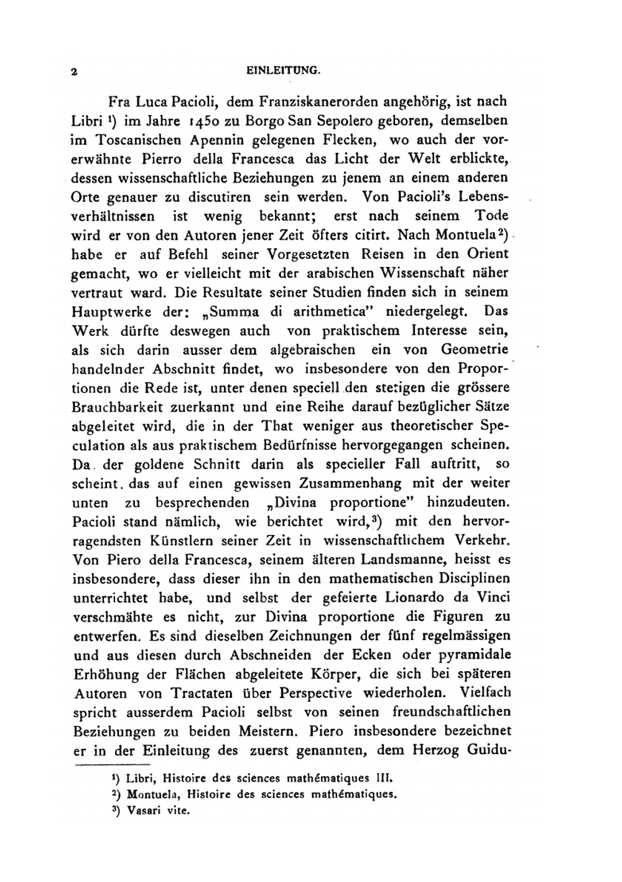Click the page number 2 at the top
pos(74,72)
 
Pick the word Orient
pos(484,254)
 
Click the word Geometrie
pos(475,350)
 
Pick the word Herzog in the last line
pos(437,750)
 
